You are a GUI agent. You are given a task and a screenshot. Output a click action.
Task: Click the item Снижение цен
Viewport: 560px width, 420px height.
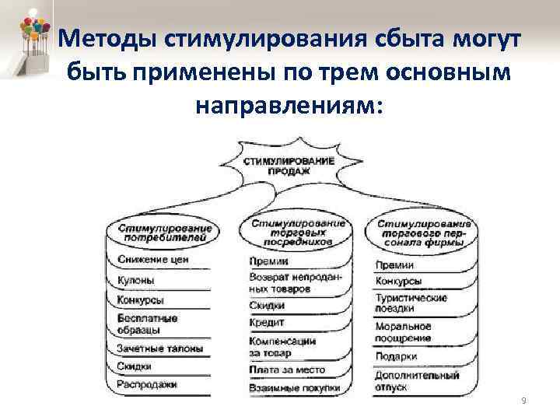154,259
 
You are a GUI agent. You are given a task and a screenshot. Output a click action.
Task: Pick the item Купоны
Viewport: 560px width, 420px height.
136,280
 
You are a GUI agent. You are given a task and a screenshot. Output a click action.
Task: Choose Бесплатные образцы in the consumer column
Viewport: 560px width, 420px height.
148,324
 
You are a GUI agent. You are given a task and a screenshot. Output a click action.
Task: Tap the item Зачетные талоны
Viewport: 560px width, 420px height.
159,348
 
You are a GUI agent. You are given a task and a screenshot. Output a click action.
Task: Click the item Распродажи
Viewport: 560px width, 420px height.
148,384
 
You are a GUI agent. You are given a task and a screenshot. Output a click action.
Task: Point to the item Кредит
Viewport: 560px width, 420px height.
267,322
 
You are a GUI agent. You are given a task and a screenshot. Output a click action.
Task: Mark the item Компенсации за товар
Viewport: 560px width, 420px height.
282,346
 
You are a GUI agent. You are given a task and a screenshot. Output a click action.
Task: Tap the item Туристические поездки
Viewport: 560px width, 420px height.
411,303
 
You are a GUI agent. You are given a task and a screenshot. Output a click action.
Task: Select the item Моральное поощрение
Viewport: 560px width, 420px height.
403,332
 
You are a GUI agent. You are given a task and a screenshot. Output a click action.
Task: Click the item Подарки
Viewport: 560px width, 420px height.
397,358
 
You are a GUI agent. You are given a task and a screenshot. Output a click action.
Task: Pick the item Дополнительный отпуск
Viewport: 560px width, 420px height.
417,381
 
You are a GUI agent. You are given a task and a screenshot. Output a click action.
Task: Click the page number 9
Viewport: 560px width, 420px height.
523,400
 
